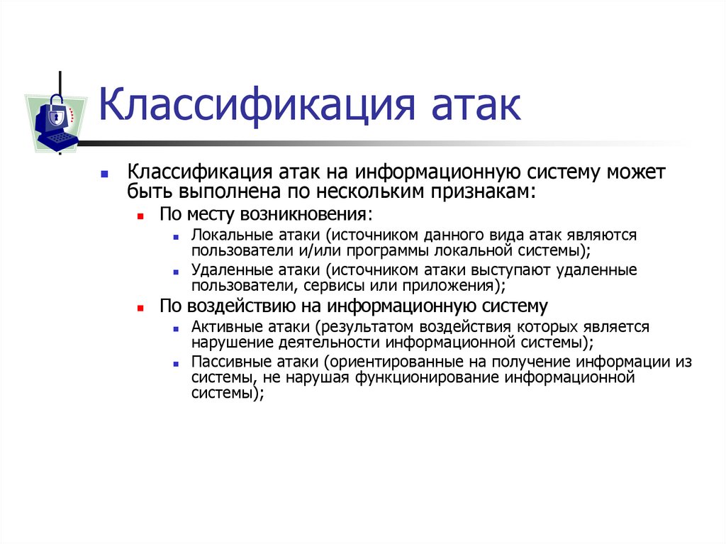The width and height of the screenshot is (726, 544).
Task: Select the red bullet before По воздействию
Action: click(141, 307)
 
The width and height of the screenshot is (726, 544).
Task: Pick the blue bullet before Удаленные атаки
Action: click(174, 271)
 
